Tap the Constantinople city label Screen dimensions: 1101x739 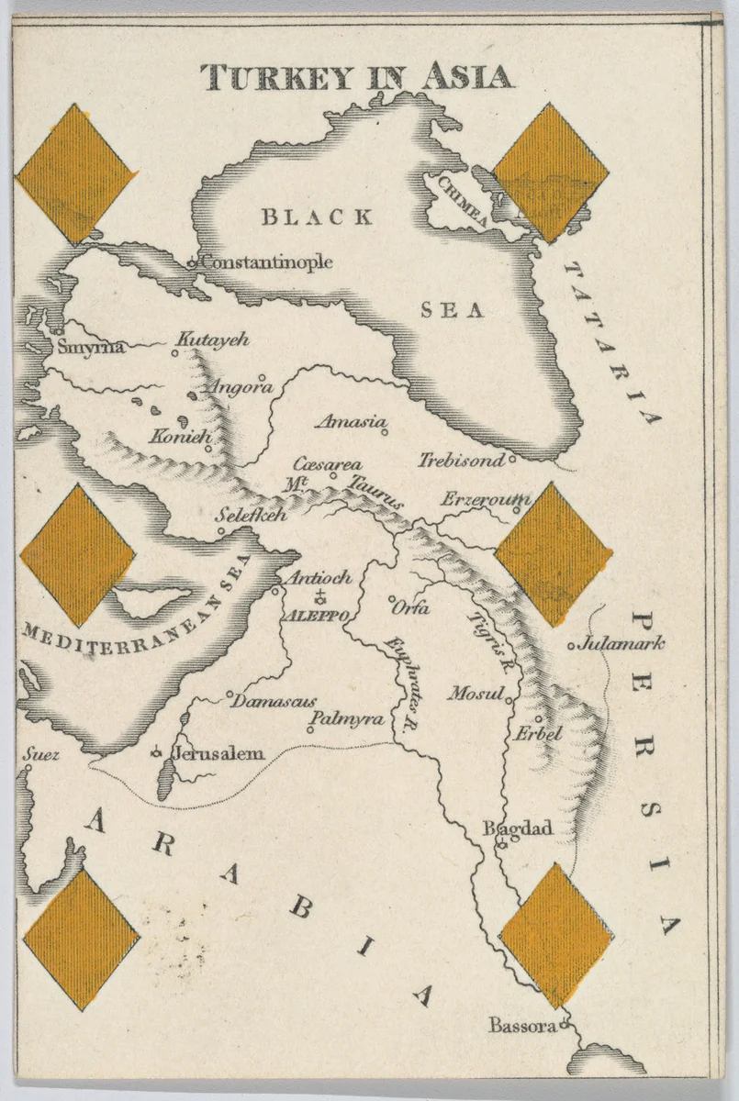tap(266, 262)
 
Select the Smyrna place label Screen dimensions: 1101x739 tap(90, 348)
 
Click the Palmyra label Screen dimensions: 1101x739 tap(346, 719)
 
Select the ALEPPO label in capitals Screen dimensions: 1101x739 tap(314, 617)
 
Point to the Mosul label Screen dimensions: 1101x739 tap(476, 695)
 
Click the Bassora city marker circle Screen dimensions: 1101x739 tap(565, 1024)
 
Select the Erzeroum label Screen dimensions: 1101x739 tap(485, 500)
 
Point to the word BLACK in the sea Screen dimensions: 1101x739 tap(317, 217)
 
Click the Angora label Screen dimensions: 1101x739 tap(241, 387)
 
